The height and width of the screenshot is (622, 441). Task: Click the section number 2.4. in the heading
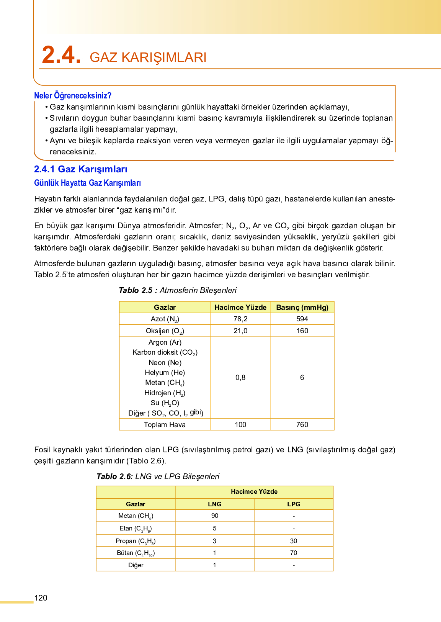61,55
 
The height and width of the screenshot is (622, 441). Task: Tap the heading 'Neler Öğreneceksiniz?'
73,95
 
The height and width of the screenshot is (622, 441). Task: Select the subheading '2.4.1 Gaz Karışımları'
81,169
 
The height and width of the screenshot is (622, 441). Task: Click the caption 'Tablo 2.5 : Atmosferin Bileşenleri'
178,290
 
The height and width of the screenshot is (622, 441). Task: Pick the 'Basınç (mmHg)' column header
302,308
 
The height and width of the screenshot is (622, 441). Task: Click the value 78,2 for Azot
240,319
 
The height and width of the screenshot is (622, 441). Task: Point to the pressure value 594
302,319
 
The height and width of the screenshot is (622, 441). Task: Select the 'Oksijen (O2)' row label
165,331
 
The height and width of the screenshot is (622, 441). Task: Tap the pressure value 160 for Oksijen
302,331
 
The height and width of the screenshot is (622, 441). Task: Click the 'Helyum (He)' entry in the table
165,373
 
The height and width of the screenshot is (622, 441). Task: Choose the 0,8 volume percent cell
240,378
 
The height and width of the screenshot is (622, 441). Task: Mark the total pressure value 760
302,425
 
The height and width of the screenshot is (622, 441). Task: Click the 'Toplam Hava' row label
165,425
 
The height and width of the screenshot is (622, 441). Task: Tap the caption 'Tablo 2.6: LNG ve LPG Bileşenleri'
158,476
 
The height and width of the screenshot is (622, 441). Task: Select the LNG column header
215,504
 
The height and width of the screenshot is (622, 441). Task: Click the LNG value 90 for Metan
215,516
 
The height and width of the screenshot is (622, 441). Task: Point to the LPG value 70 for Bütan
294,553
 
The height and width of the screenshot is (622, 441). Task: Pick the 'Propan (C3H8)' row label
136,541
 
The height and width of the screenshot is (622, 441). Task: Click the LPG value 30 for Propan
294,541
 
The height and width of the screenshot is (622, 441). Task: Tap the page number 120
41,598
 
